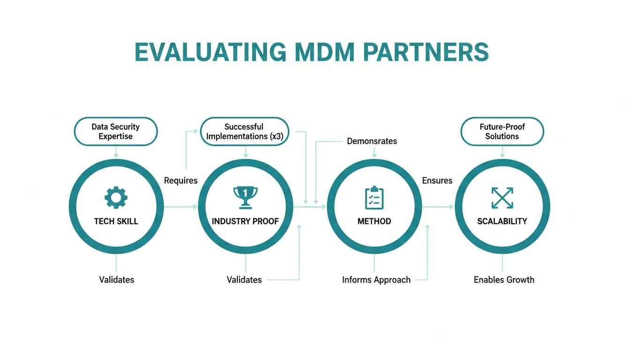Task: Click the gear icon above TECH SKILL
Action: [116, 197]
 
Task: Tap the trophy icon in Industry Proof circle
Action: [245, 197]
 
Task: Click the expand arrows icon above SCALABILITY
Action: [502, 197]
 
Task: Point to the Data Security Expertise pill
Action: [115, 132]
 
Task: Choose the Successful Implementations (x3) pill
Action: [244, 132]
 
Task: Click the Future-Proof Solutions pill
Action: [502, 132]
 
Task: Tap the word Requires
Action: [180, 180]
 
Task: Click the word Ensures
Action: [437, 180]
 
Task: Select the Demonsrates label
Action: [372, 141]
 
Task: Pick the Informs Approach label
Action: [376, 280]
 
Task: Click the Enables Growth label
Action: [504, 280]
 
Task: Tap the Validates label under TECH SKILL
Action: [116, 280]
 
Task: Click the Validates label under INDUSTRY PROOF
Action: [244, 280]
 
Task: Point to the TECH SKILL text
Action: [116, 221]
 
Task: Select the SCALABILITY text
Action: [502, 221]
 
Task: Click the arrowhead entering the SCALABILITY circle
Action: [452, 207]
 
